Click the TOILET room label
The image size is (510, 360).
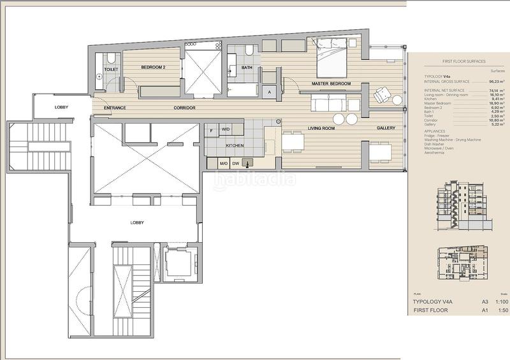111,69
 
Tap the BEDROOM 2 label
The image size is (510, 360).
154,67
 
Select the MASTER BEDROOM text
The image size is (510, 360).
332,84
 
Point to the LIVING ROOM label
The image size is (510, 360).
322,128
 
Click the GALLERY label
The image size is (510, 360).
386,128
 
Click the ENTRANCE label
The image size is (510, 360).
115,108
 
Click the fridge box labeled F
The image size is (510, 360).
212,129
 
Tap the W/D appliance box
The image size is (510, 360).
225,129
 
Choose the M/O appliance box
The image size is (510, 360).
224,163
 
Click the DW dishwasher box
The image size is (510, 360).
236,163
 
